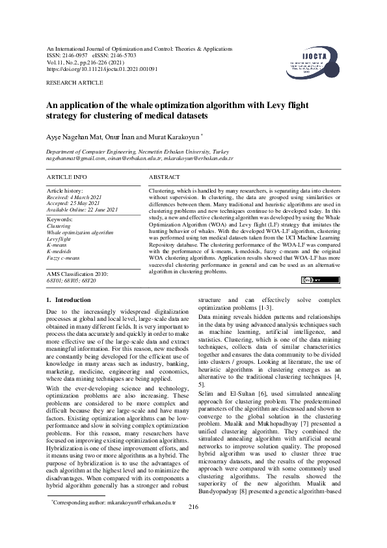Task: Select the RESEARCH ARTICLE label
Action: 74,83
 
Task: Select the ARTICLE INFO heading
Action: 67,177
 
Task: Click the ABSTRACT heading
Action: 165,177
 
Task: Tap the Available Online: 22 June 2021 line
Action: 83,209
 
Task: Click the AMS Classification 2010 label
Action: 77,275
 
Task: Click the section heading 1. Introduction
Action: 68,300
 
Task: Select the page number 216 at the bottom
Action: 193,525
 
